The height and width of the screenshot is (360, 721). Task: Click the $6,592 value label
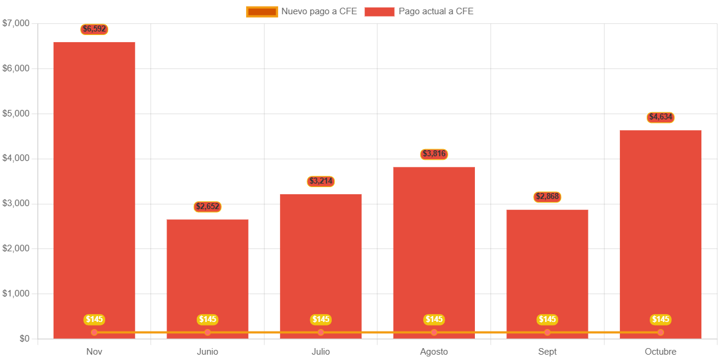(95, 29)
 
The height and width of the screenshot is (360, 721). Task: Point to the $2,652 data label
(207, 207)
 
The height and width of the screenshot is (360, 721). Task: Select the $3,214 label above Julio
(321, 181)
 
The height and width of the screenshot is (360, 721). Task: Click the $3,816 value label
(434, 154)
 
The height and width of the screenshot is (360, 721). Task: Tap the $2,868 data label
(547, 197)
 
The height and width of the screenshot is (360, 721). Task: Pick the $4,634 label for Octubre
(660, 117)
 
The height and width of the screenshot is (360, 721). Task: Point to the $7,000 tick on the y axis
(16, 23)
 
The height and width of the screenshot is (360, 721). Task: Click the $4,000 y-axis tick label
(16, 158)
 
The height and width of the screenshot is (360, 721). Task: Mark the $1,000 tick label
(16, 293)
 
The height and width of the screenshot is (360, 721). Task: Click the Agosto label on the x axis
(434, 352)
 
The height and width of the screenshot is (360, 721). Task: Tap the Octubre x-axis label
(660, 352)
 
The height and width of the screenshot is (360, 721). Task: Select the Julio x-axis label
(321, 352)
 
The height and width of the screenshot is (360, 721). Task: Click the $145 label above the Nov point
(95, 320)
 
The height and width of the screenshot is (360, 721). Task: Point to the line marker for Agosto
(434, 333)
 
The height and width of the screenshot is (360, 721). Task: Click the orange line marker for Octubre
(660, 333)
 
